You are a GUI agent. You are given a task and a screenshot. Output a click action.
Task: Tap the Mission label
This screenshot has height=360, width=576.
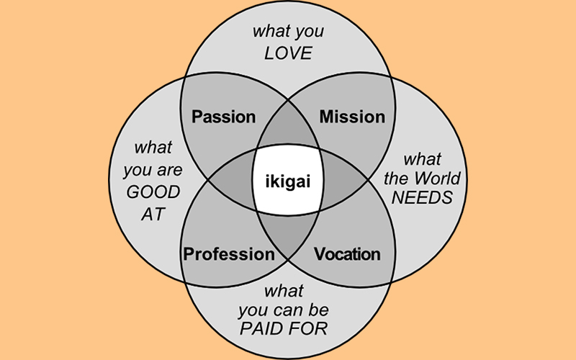[x=352, y=117]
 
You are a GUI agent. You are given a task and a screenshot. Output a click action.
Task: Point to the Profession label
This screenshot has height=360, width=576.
[x=229, y=254]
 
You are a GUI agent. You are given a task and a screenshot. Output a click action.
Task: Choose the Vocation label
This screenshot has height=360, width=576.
[x=347, y=254]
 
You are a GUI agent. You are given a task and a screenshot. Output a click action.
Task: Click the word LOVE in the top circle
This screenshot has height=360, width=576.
[x=288, y=54]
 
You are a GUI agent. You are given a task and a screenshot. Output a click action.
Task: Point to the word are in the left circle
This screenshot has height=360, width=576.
[x=169, y=171]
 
